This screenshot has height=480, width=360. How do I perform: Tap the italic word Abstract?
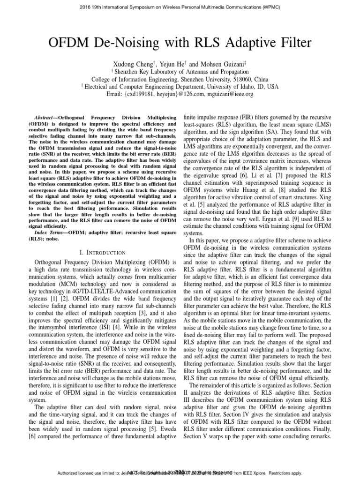pos(45,116)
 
